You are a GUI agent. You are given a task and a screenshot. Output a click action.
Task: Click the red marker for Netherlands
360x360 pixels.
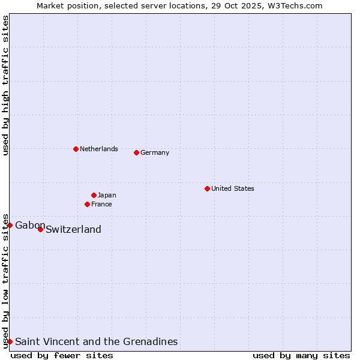point(76,149)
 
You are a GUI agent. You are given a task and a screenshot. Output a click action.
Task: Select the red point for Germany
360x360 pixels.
point(136,152)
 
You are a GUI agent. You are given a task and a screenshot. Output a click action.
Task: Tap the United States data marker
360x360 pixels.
point(207,188)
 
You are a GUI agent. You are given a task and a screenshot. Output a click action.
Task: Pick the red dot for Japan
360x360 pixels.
point(94,195)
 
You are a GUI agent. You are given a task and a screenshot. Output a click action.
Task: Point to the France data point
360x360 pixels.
point(87,204)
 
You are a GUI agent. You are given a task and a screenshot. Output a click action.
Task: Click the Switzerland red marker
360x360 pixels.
point(40,229)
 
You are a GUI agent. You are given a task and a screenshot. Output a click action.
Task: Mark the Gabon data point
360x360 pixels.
point(10,225)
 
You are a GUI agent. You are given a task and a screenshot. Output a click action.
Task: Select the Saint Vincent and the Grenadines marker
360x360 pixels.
point(10,341)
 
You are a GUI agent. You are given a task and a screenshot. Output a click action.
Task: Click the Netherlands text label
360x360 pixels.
point(99,149)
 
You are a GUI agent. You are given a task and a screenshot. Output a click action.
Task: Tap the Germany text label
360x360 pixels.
point(155,152)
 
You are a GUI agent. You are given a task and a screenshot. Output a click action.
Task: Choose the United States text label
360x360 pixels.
point(233,188)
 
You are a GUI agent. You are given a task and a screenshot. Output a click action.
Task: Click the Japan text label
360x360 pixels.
point(107,195)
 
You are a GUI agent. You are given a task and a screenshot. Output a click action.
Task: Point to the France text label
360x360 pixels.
point(101,204)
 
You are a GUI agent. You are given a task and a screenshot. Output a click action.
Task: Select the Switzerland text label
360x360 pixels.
point(73,229)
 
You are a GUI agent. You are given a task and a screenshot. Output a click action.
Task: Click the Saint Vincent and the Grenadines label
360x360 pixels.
point(96,341)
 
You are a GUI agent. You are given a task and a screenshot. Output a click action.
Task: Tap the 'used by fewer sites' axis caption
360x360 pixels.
point(62,355)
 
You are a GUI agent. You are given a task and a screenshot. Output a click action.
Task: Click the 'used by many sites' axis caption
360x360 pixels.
point(301,355)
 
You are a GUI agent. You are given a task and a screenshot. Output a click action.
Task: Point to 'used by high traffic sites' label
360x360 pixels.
point(5,85)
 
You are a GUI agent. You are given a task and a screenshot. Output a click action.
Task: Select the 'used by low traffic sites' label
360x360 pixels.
point(5,280)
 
